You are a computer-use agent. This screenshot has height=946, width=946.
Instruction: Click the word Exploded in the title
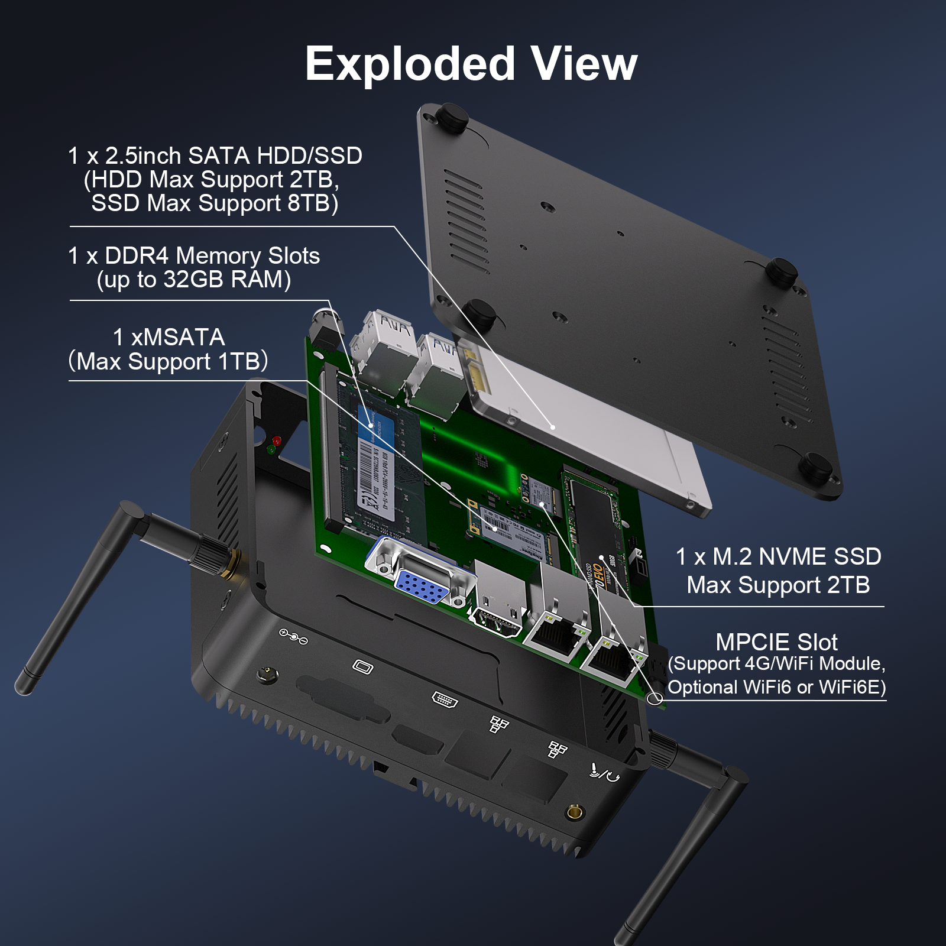[410, 64]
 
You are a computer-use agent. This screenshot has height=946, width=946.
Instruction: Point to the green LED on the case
[271, 450]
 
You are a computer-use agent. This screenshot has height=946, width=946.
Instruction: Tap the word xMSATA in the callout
[177, 338]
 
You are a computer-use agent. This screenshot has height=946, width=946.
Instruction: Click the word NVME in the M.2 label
[792, 557]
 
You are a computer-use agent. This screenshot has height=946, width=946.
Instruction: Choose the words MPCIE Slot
[776, 642]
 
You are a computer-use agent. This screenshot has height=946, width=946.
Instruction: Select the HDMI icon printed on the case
[445, 699]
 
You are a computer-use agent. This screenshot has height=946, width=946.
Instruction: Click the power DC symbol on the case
[293, 637]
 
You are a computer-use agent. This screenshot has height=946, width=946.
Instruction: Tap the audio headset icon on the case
[604, 772]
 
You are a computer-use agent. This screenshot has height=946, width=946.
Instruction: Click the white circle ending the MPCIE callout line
[655, 698]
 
